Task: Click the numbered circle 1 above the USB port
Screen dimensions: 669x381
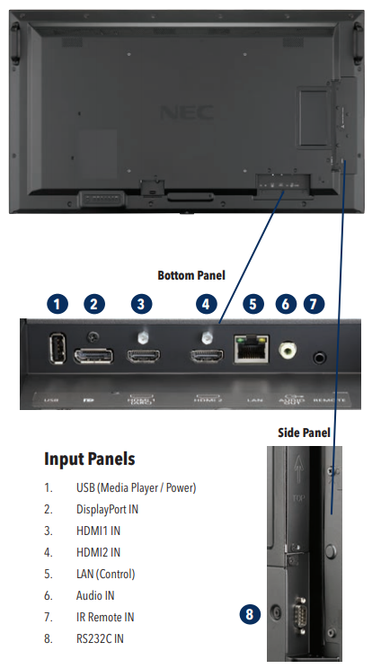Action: click(x=58, y=304)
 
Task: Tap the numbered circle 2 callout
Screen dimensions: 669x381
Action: click(x=94, y=304)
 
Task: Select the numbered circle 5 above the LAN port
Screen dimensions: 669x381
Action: click(x=253, y=304)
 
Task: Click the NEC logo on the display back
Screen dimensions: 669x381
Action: click(x=179, y=113)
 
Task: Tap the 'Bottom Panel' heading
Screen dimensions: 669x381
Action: click(x=191, y=274)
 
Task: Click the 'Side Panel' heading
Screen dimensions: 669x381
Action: click(x=305, y=433)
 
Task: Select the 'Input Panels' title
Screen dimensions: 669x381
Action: click(x=90, y=459)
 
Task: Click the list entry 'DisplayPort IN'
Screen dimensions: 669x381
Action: click(x=107, y=509)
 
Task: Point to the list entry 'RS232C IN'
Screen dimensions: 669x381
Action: click(x=100, y=638)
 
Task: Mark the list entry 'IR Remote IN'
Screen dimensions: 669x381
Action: click(x=105, y=617)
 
